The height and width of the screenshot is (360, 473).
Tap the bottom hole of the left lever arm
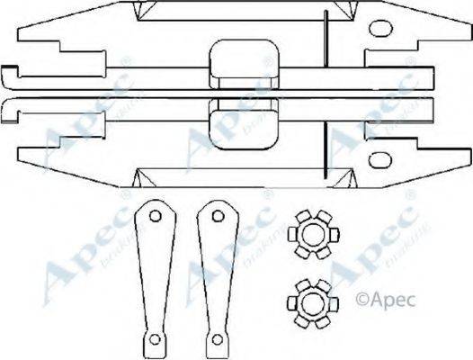click(154, 340)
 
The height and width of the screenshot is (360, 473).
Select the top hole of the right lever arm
click(213, 216)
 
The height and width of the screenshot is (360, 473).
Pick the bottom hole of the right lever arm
click(216, 340)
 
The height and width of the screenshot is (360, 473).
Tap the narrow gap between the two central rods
click(135, 93)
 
